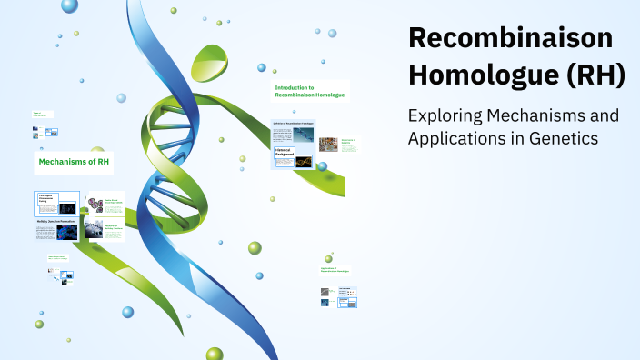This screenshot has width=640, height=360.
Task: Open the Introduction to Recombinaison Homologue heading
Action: click(x=309, y=91)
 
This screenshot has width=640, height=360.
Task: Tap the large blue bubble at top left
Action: click(x=70, y=5)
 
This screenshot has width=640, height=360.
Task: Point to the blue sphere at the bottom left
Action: click(x=128, y=312)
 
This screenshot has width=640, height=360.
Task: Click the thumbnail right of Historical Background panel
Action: click(x=328, y=144)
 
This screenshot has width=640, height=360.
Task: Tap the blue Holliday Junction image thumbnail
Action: click(x=68, y=233)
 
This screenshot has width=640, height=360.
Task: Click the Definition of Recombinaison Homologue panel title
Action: click(x=293, y=122)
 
